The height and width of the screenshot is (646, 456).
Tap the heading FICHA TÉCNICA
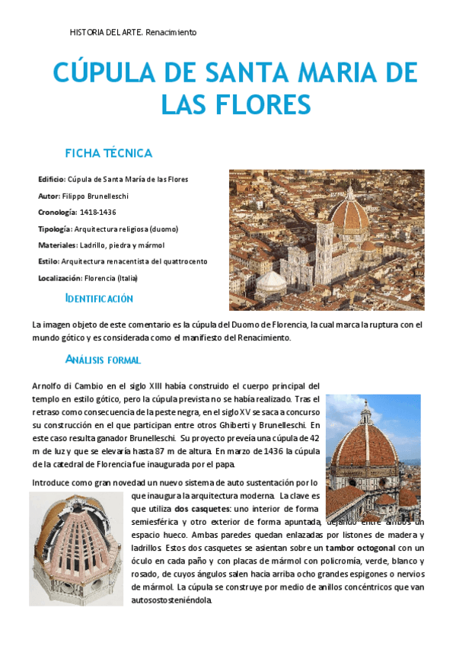click(109, 153)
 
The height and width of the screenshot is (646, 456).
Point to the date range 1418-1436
click(98, 212)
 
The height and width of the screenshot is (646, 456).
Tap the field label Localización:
click(60, 278)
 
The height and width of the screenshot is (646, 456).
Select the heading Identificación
click(99, 299)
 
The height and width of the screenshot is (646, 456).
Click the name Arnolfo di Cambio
click(69, 385)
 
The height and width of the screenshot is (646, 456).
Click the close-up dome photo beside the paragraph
click(372, 449)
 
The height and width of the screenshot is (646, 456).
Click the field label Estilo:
click(49, 261)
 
